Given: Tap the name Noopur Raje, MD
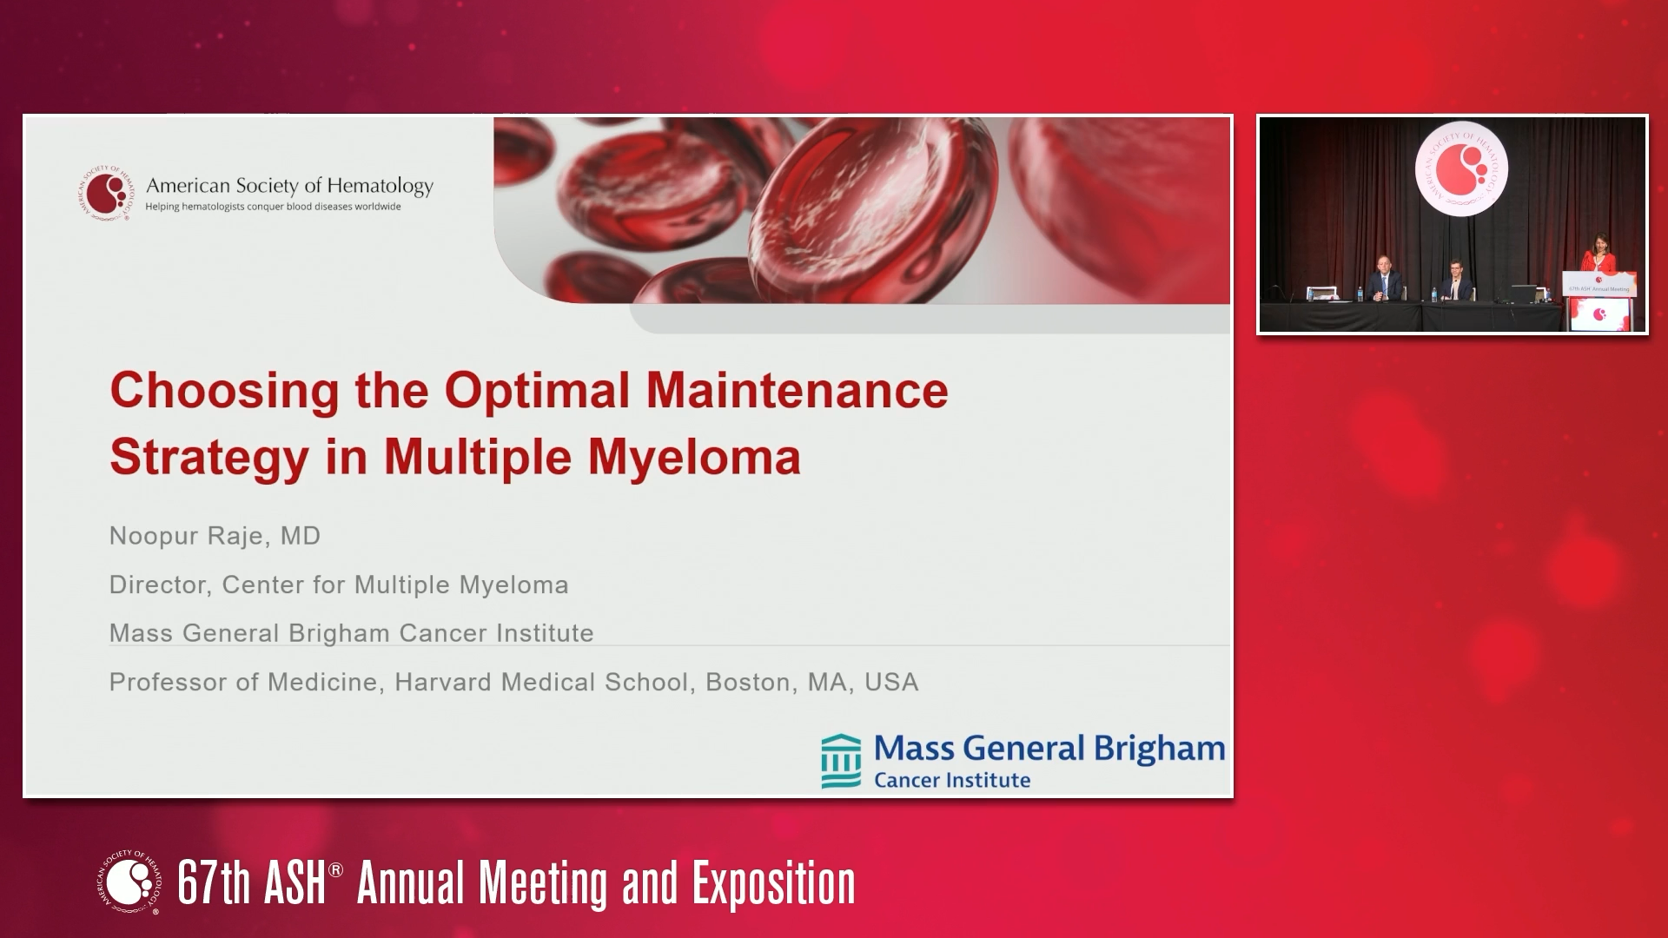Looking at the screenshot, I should (215, 536).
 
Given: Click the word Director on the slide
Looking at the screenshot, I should (160, 585).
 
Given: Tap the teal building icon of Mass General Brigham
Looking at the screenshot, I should (841, 761).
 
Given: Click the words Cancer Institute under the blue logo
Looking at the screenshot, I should (952, 780).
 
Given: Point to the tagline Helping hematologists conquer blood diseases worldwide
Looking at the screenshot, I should (273, 207).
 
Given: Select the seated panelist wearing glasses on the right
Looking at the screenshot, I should (1455, 280).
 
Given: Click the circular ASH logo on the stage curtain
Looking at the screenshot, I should (1460, 170).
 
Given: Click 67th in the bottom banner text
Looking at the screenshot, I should (213, 883).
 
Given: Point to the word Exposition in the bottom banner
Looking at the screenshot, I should (773, 883).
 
